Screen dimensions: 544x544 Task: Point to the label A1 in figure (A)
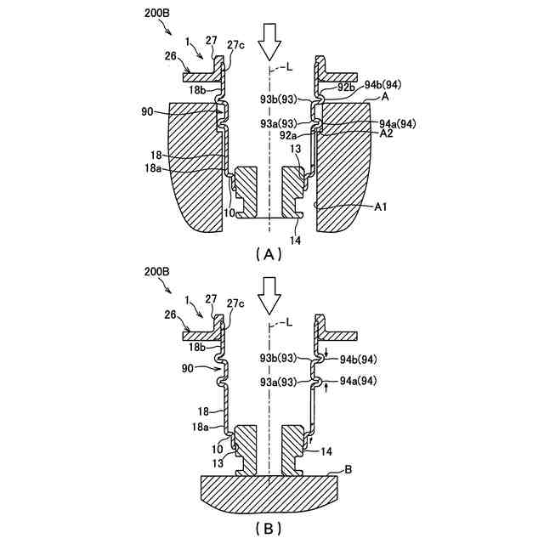coord(382,207)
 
